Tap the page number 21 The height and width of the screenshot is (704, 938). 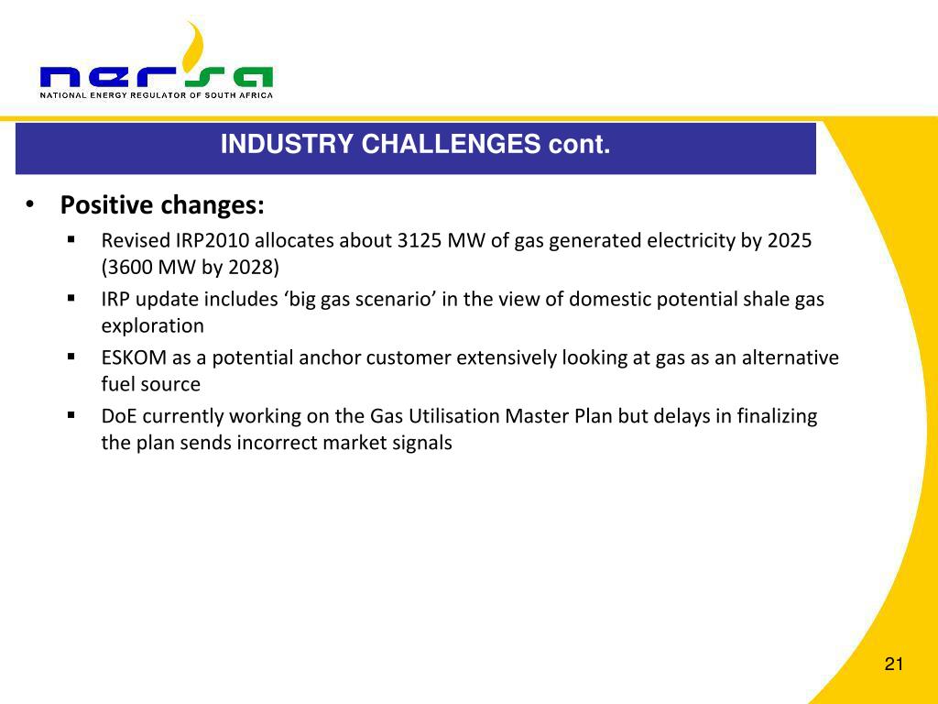click(x=894, y=664)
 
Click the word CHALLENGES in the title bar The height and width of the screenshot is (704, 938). click(x=451, y=144)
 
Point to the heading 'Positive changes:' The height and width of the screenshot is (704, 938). click(x=162, y=204)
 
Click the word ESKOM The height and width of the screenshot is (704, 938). click(x=134, y=357)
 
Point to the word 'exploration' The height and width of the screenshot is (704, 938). click(x=153, y=325)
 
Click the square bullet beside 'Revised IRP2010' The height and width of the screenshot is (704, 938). click(x=71, y=239)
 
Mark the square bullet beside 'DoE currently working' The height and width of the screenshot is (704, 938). click(x=71, y=415)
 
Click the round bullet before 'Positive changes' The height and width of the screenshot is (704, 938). click(x=29, y=204)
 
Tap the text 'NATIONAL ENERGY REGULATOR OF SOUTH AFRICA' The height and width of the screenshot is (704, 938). click(x=156, y=95)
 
